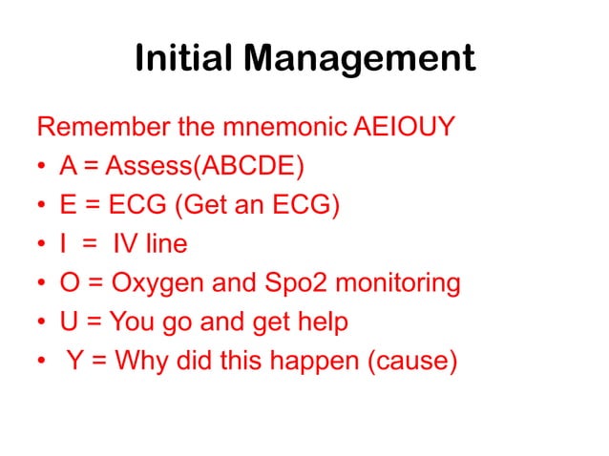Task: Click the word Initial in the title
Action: (183, 58)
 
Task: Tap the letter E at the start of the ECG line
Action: (67, 205)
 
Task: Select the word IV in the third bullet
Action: (126, 244)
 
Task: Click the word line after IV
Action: (166, 244)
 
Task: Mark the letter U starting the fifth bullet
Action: (68, 322)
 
